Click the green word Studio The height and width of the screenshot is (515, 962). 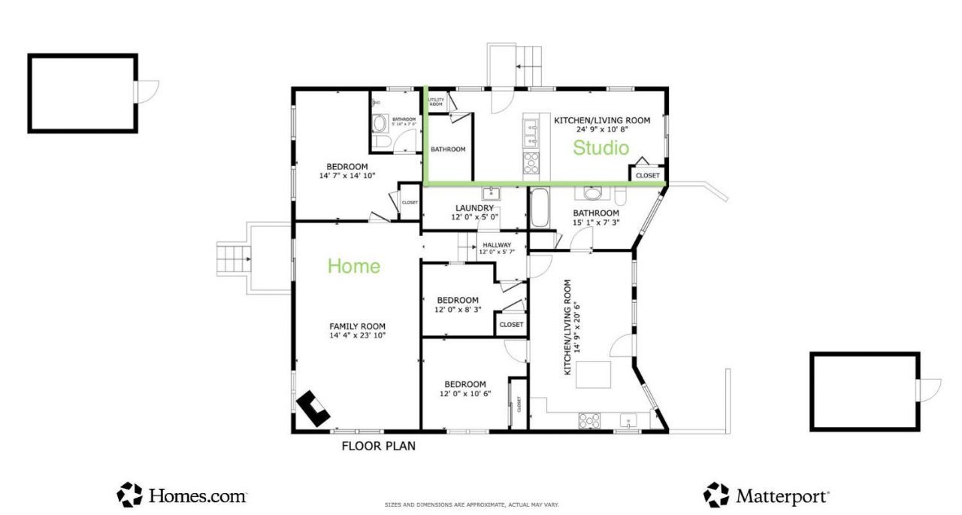pos(600,148)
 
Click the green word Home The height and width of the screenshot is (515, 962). pos(353,265)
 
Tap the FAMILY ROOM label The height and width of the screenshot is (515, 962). pos(357,326)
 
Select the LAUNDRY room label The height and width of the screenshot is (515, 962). pos(474,208)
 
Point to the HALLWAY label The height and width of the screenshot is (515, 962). pos(497,245)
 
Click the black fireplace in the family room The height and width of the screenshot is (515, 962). pos(313,409)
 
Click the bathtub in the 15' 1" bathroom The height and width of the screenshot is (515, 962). pos(540,208)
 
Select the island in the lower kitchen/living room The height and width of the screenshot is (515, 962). pos(593,374)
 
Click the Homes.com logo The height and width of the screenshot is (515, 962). pos(182,495)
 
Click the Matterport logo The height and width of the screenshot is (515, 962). pos(766,495)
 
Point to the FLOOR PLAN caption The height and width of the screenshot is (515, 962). pos(378,446)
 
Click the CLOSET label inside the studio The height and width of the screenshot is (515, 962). pos(647,176)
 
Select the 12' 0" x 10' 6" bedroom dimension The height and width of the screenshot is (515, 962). pos(464,393)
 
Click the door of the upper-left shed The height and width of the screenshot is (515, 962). pos(147,91)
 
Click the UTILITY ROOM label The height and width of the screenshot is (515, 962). pos(436,101)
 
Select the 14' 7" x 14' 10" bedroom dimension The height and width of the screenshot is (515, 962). pos(346,176)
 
